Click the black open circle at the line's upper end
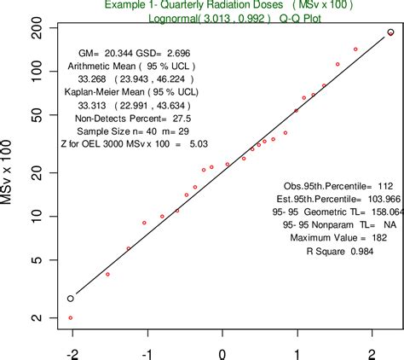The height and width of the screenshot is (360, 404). [x=390, y=32]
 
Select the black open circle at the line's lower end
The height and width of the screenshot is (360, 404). [x=71, y=299]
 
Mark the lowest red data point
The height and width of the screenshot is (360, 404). [x=70, y=317]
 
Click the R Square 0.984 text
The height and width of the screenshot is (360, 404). [x=343, y=253]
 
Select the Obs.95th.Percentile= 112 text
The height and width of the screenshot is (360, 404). [x=336, y=184]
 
